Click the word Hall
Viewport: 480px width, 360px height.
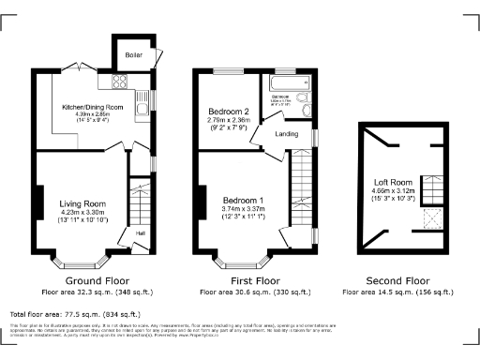[141, 232]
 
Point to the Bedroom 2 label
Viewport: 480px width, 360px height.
[228, 112]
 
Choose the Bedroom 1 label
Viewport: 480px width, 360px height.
[242, 200]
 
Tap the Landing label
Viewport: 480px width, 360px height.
[286, 134]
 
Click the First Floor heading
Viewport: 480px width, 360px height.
[255, 280]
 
